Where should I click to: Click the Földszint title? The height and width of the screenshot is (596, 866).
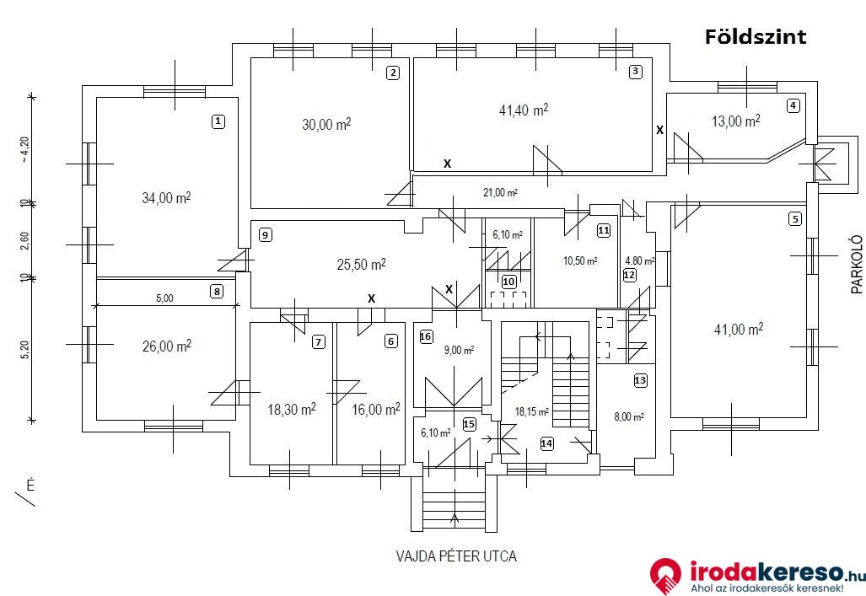tap(755, 37)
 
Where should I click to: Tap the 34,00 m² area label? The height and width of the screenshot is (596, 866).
tap(166, 197)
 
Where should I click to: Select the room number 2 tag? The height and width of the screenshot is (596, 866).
tap(393, 72)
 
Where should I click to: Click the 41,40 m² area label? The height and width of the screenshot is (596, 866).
tap(524, 110)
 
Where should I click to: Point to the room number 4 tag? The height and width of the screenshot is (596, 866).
tap(793, 105)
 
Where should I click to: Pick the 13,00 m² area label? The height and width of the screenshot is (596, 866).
tap(735, 121)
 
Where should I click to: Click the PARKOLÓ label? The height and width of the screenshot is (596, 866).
tap(857, 265)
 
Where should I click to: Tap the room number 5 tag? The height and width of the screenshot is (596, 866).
tap(795, 219)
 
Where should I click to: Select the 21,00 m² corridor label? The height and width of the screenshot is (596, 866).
tap(500, 193)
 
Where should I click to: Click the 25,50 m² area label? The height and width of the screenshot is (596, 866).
tap(361, 265)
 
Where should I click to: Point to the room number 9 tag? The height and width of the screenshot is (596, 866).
tap(266, 234)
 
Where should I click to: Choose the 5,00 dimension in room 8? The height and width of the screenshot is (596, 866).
tap(164, 298)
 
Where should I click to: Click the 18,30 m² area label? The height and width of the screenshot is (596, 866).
tap(292, 410)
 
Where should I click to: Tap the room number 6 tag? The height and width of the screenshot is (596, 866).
tap(391, 341)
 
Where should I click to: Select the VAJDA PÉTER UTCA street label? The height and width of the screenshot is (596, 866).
tap(456, 556)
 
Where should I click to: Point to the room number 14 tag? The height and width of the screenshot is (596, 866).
tap(546, 443)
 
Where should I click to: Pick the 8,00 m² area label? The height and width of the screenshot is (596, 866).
tap(629, 416)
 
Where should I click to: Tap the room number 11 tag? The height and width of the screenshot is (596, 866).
tap(604, 230)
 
